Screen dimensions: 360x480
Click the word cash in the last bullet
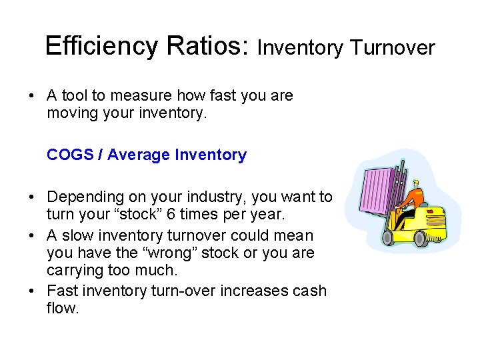tap(311, 291)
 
